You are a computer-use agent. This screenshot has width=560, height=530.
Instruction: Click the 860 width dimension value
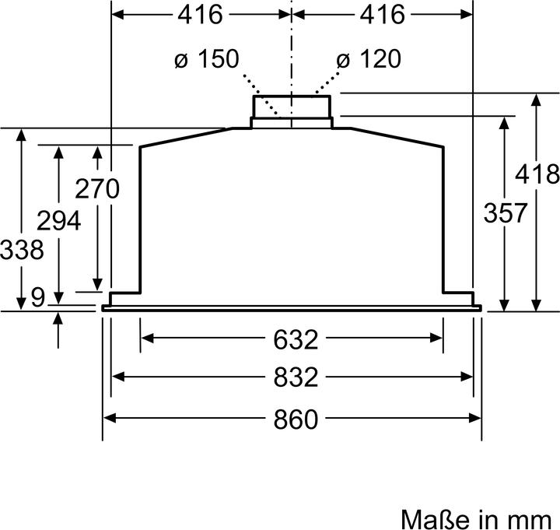point(296,419)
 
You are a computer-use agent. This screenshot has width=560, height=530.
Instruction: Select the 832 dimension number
point(296,377)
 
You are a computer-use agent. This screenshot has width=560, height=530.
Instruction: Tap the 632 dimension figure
point(296,339)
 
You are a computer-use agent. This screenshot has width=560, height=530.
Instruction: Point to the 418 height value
point(537,174)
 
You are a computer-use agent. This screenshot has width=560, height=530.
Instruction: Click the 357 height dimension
point(506,212)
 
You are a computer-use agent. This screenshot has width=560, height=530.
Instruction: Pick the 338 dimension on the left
point(22,249)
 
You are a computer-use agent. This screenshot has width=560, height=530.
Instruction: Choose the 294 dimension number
point(59,220)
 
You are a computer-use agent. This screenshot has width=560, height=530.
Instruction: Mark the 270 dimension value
point(97,188)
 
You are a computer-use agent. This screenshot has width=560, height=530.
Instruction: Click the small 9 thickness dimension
point(38,297)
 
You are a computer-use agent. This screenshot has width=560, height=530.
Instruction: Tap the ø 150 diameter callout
point(207,58)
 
